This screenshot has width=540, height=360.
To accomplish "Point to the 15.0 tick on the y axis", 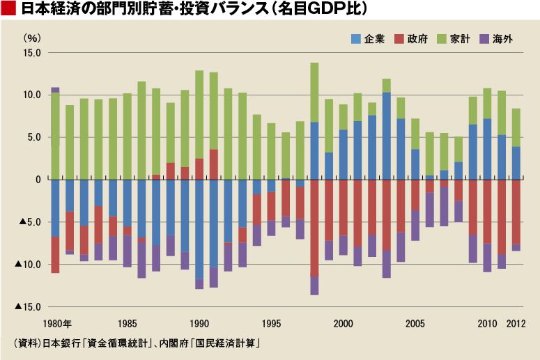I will [x=31, y=53].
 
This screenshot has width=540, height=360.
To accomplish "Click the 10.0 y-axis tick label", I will [x=31, y=95].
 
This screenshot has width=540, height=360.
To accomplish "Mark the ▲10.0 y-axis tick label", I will [x=29, y=265].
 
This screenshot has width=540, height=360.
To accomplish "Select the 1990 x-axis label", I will [x=199, y=324].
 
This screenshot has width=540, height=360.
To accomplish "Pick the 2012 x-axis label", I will [x=516, y=324].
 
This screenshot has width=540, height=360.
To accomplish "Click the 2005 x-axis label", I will [x=415, y=324].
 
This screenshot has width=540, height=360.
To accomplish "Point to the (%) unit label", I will [x=32, y=37].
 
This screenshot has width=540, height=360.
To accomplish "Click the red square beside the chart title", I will [x=9, y=10].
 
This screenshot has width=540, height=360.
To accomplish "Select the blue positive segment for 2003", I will [x=387, y=136].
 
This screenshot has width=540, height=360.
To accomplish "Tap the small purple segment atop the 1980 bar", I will [x=55, y=90].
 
